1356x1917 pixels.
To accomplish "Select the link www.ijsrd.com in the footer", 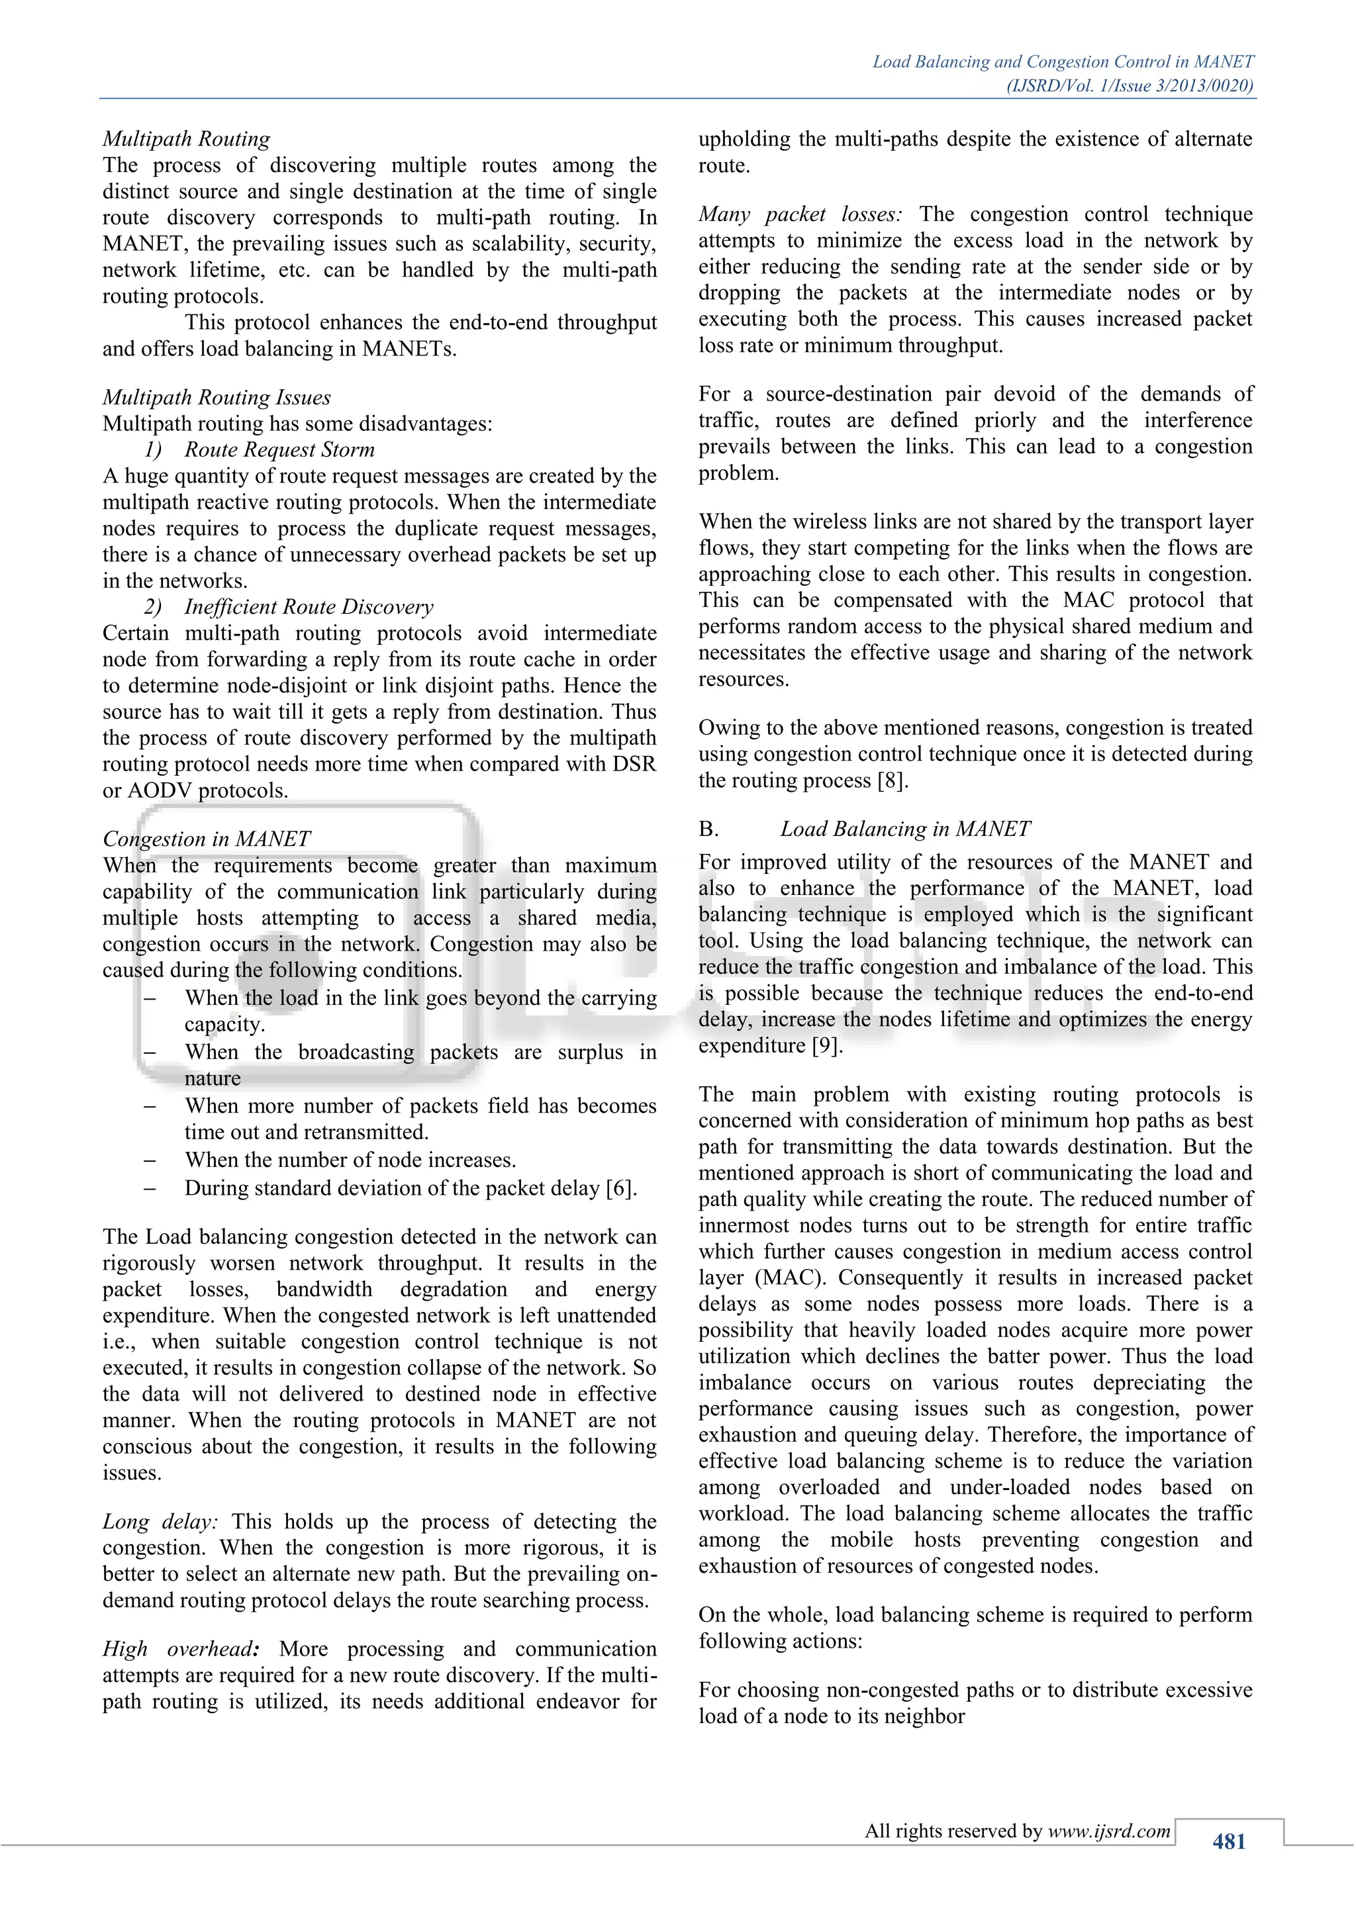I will (1109, 1831).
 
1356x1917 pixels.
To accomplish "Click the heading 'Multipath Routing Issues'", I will (217, 397).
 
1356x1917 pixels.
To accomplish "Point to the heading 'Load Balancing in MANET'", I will (905, 828).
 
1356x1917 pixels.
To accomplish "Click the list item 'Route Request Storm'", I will (279, 449).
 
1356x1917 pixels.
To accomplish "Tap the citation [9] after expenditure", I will (826, 1045).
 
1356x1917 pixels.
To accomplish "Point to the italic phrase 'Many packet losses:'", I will (800, 214).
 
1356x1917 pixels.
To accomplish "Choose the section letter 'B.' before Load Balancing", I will (709, 828).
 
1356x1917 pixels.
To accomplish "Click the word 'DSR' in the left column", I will (636, 764).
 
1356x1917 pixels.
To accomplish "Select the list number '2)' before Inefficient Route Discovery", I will (153, 606).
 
